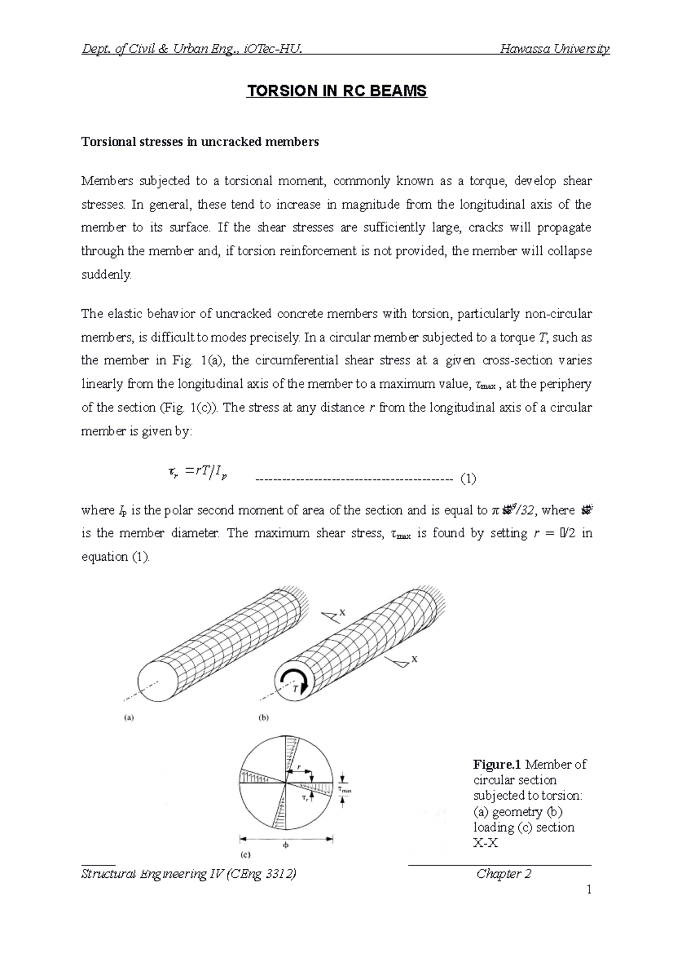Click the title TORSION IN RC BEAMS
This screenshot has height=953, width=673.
336,91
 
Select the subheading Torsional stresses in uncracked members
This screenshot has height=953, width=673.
200,142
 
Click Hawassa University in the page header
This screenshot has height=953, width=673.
554,49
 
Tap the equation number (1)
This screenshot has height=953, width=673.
468,479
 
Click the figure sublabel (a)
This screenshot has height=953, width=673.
129,717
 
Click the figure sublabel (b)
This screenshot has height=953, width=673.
262,717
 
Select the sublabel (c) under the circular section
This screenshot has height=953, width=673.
245,856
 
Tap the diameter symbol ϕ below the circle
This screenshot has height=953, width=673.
285,844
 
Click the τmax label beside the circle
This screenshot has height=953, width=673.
344,790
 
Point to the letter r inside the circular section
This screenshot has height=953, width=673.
299,766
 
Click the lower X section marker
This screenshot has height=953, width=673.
414,660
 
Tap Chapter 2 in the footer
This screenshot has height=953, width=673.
504,874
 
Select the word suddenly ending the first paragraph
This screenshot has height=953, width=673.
106,275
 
